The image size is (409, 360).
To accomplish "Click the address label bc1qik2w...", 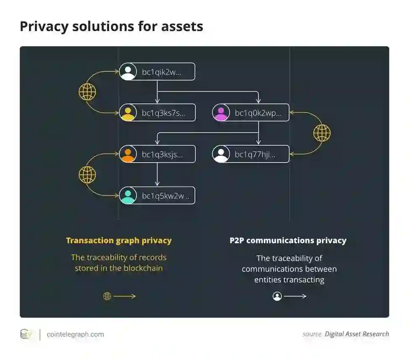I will (161, 72).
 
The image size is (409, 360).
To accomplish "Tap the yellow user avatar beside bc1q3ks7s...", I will (128, 113).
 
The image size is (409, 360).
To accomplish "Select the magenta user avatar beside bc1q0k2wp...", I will (221, 113).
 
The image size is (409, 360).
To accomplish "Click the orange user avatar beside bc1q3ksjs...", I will (128, 154).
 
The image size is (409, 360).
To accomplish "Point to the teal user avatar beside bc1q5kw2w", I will (128, 196).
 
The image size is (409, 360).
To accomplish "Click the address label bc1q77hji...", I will (255, 155).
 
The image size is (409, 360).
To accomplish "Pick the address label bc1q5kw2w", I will (165, 196).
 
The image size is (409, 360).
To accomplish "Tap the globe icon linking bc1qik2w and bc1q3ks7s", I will (87, 92).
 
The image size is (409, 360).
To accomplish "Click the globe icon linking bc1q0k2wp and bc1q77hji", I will (322, 133).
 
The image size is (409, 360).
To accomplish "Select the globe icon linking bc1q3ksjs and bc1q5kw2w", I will (87, 175).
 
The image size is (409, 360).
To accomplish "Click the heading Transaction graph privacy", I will (119, 241).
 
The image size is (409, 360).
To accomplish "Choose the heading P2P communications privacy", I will (288, 241).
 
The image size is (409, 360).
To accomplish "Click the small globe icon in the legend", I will (107, 297).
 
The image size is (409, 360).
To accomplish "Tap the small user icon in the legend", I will (277, 297).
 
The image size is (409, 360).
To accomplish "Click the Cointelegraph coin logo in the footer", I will (26, 334).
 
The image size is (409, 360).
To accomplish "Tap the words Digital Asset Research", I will (357, 334).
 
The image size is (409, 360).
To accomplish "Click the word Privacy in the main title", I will (43, 26).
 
